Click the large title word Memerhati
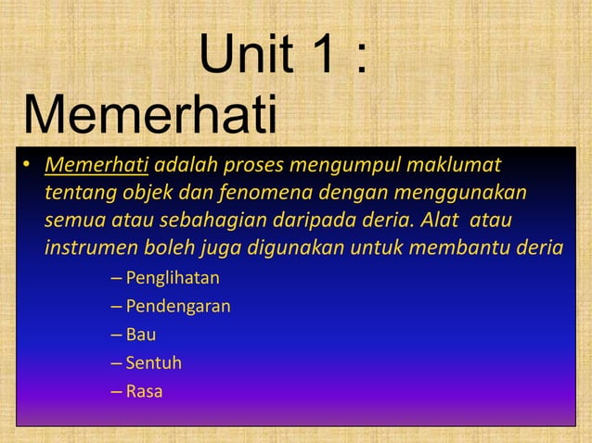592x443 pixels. [150, 119]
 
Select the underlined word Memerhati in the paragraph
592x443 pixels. [97, 167]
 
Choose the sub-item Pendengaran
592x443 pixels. [178, 307]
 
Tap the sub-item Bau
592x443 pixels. [141, 335]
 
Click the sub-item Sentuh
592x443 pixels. [153, 363]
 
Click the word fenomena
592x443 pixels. [264, 195]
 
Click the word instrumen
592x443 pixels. [87, 250]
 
